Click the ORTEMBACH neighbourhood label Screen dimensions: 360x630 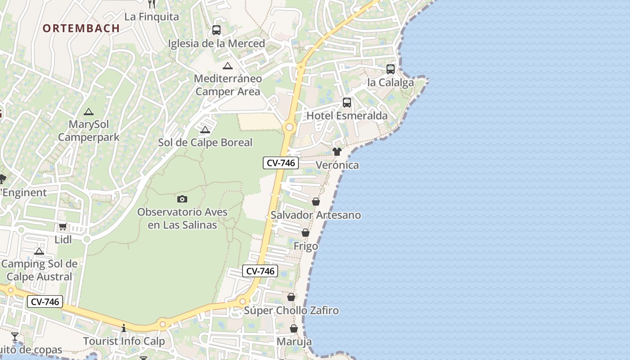pos(81,28)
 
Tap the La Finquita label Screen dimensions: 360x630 pos(152,17)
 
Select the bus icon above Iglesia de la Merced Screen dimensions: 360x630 pos(216,30)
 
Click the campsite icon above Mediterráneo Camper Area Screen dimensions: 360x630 pos(228,66)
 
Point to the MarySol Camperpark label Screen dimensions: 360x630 pos(89,130)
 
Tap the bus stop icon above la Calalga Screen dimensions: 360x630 pos(391,69)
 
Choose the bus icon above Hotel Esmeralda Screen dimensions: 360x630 pos(346,103)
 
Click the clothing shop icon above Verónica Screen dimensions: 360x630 pos(337,152)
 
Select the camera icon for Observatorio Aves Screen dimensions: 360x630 pos(182,199)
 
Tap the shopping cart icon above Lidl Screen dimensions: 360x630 pos(63,227)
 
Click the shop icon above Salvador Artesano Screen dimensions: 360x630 pos(316,202)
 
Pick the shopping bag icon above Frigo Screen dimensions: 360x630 pos(306,233)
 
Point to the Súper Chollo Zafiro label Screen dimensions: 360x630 pos(291,310)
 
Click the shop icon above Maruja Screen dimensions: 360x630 pos(294,329)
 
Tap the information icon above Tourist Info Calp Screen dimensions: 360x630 pos(124,328)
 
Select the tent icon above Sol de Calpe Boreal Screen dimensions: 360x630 pos(205,130)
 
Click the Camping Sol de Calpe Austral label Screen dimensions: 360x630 pos(40,270)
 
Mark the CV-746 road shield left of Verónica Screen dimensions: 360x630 pos(281,163)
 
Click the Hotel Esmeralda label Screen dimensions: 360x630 pos(346,116)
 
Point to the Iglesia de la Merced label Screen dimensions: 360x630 pos(216,44)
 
